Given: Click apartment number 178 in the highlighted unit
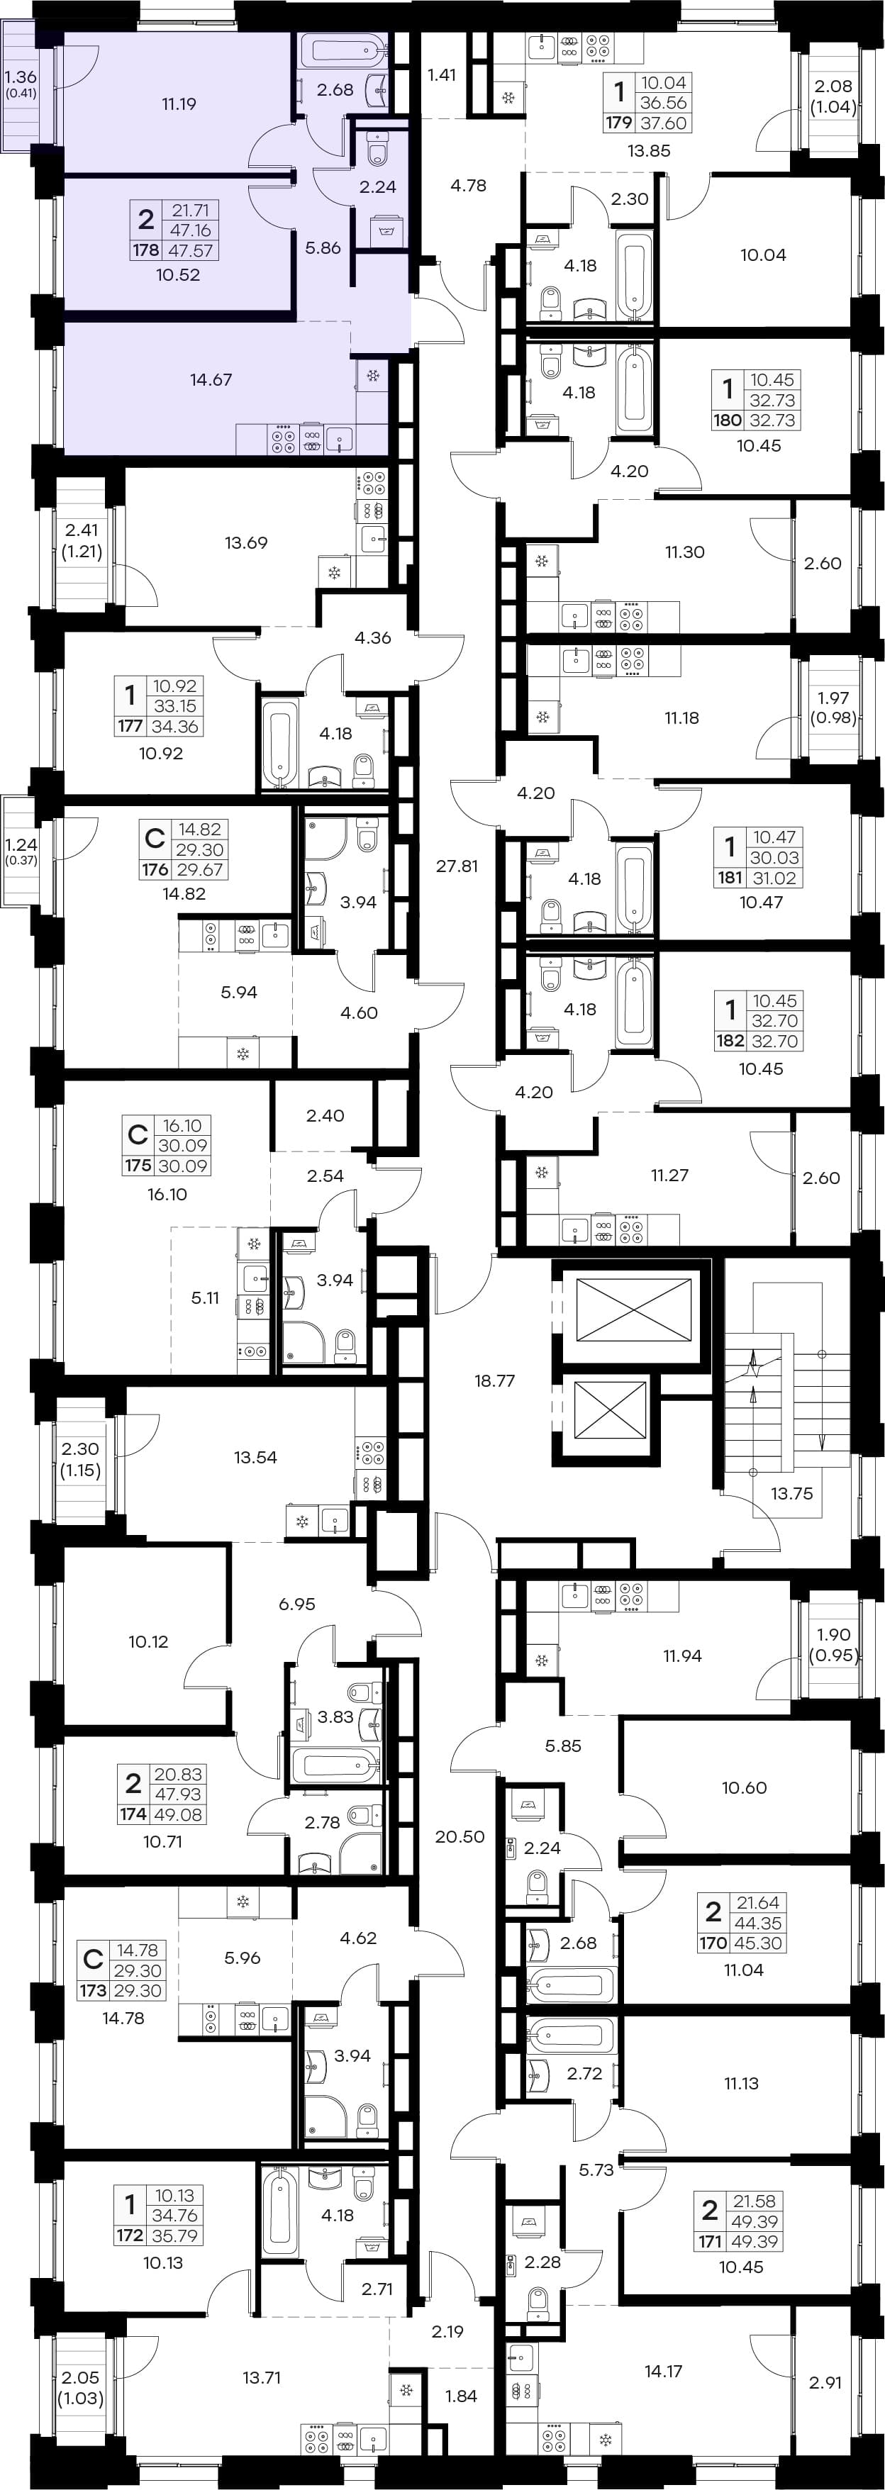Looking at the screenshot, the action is pyautogui.click(x=146, y=250).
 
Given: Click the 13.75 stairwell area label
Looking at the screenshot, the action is pyautogui.click(x=791, y=1493).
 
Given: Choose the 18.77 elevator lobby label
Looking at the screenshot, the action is pyautogui.click(x=494, y=1380).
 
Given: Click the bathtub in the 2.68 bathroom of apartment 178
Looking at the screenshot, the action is pyautogui.click(x=343, y=48).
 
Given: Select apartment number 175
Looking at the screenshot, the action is pyautogui.click(x=138, y=1166).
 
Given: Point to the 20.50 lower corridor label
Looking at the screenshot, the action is pyautogui.click(x=460, y=1836).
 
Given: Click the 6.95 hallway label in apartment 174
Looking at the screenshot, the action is pyautogui.click(x=297, y=1604).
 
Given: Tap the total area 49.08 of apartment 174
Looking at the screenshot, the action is pyautogui.click(x=179, y=1814).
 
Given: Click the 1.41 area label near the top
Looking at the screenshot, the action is pyautogui.click(x=441, y=74).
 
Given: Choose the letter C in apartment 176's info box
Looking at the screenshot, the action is pyautogui.click(x=154, y=837).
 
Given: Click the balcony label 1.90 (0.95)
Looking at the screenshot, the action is pyautogui.click(x=834, y=1644).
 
